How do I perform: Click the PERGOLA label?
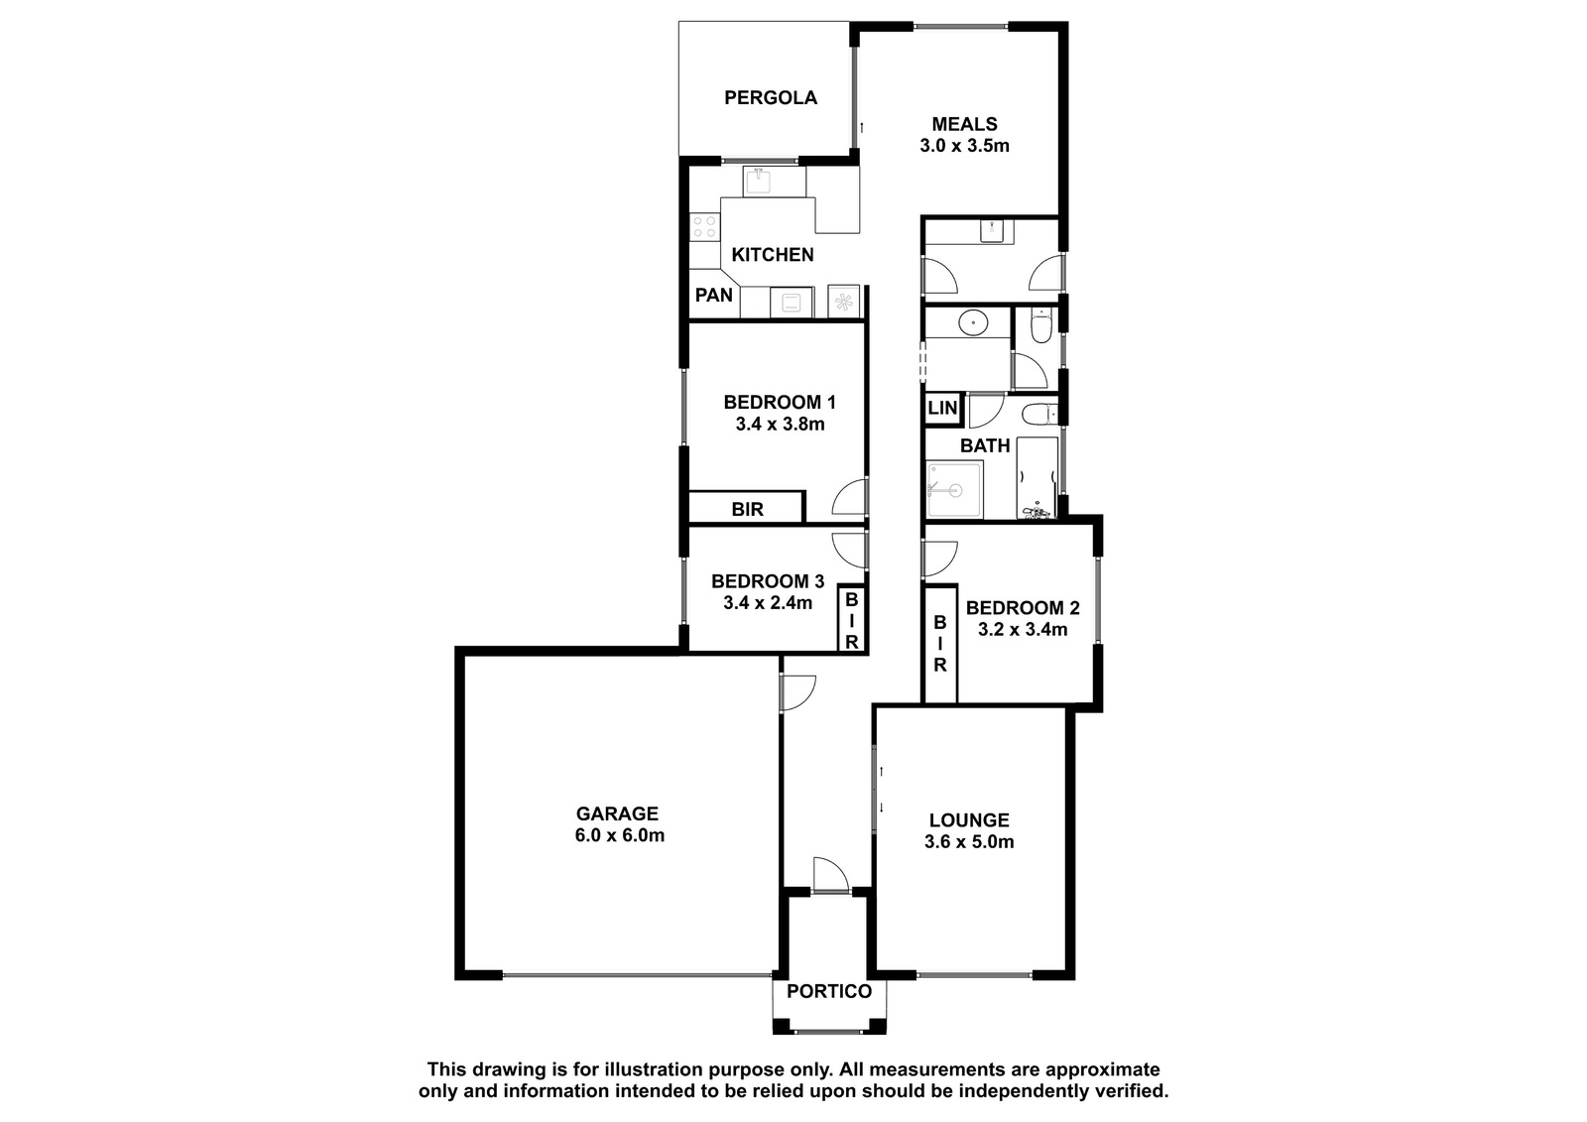[x=770, y=98]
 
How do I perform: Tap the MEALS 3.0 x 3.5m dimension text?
[x=964, y=146]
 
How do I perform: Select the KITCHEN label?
[x=773, y=255]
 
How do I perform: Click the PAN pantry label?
[x=713, y=295]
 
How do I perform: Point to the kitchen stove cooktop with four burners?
[x=704, y=227]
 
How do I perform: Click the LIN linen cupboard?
[x=942, y=409]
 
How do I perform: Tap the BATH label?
[x=985, y=445]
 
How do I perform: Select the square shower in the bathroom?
[x=954, y=489]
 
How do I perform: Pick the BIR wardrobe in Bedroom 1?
[x=747, y=508]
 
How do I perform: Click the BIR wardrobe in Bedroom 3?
[x=852, y=619]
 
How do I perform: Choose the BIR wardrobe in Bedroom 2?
[x=940, y=644]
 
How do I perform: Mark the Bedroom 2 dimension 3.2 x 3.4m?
[x=1023, y=629]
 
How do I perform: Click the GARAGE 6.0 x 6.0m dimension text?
[x=619, y=835]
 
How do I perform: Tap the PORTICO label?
[x=829, y=991]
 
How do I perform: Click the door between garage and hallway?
[x=797, y=692]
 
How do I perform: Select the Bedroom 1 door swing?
[x=849, y=497]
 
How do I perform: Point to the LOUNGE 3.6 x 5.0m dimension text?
[x=968, y=842]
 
